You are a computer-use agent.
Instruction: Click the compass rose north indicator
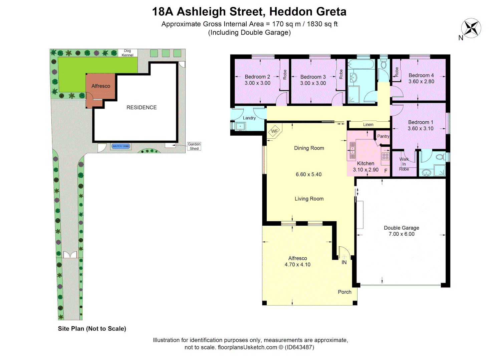471,28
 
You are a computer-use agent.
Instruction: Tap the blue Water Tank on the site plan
121,146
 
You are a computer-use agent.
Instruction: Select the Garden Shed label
194,146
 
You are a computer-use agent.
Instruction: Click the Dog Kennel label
128,53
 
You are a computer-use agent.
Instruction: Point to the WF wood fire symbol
274,131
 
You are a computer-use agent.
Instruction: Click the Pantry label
383,136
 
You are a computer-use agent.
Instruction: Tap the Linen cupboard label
368,125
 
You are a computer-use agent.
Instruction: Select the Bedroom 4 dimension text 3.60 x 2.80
421,82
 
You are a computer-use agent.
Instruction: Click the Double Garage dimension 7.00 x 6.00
402,234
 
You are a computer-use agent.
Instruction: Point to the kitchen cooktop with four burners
386,156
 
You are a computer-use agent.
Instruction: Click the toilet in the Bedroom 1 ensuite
441,156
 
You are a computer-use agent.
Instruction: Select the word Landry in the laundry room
249,118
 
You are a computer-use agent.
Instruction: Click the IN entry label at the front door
344,263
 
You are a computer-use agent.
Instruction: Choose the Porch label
344,292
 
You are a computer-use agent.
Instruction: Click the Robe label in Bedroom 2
285,75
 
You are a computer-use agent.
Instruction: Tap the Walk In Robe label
404,164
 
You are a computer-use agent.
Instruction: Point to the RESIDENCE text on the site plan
142,108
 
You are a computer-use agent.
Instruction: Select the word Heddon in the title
291,12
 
